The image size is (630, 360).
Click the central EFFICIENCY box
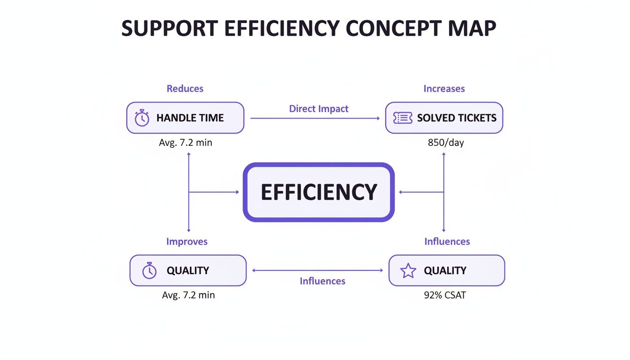coord(319,192)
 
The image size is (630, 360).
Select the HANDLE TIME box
coord(185,118)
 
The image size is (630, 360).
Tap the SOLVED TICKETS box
coord(444,118)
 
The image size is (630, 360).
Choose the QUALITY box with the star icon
coord(447,270)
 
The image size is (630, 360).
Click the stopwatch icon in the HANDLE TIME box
coord(142,118)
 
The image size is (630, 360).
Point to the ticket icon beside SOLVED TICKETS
coord(403,118)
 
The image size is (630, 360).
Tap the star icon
coord(408,270)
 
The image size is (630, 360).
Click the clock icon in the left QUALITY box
coord(149,270)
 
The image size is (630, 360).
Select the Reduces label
coord(185,89)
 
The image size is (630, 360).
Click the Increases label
coord(444,89)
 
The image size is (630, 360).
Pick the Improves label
coord(187,241)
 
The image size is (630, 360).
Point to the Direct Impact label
coord(319,109)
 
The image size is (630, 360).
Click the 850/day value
coord(446,142)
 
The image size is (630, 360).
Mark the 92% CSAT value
coord(444,295)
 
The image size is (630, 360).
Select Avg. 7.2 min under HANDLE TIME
coord(186,142)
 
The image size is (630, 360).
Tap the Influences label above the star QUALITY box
coord(447,241)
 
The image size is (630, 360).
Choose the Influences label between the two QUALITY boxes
coord(322,281)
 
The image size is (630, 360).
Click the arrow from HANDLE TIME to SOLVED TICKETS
coord(315,119)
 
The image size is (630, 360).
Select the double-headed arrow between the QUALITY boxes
coord(318,270)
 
